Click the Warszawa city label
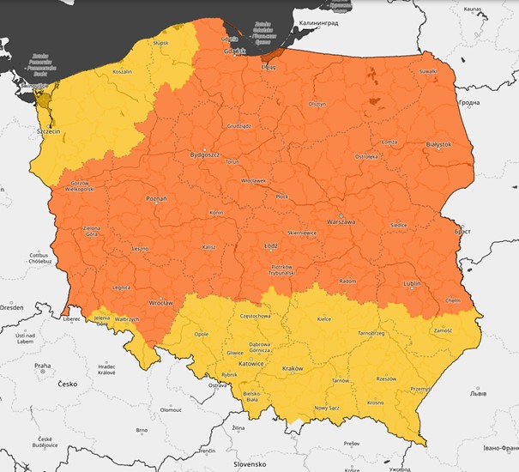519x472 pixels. click(341, 221)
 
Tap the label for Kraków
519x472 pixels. click(293, 369)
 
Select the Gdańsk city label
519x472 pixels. click(234, 52)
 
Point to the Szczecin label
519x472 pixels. click(45, 134)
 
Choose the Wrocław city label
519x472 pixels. click(160, 303)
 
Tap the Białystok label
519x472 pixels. click(438, 145)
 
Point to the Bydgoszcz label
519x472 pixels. click(205, 155)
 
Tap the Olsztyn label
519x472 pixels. click(317, 103)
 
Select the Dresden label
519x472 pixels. click(11, 306)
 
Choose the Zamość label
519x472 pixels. click(444, 330)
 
